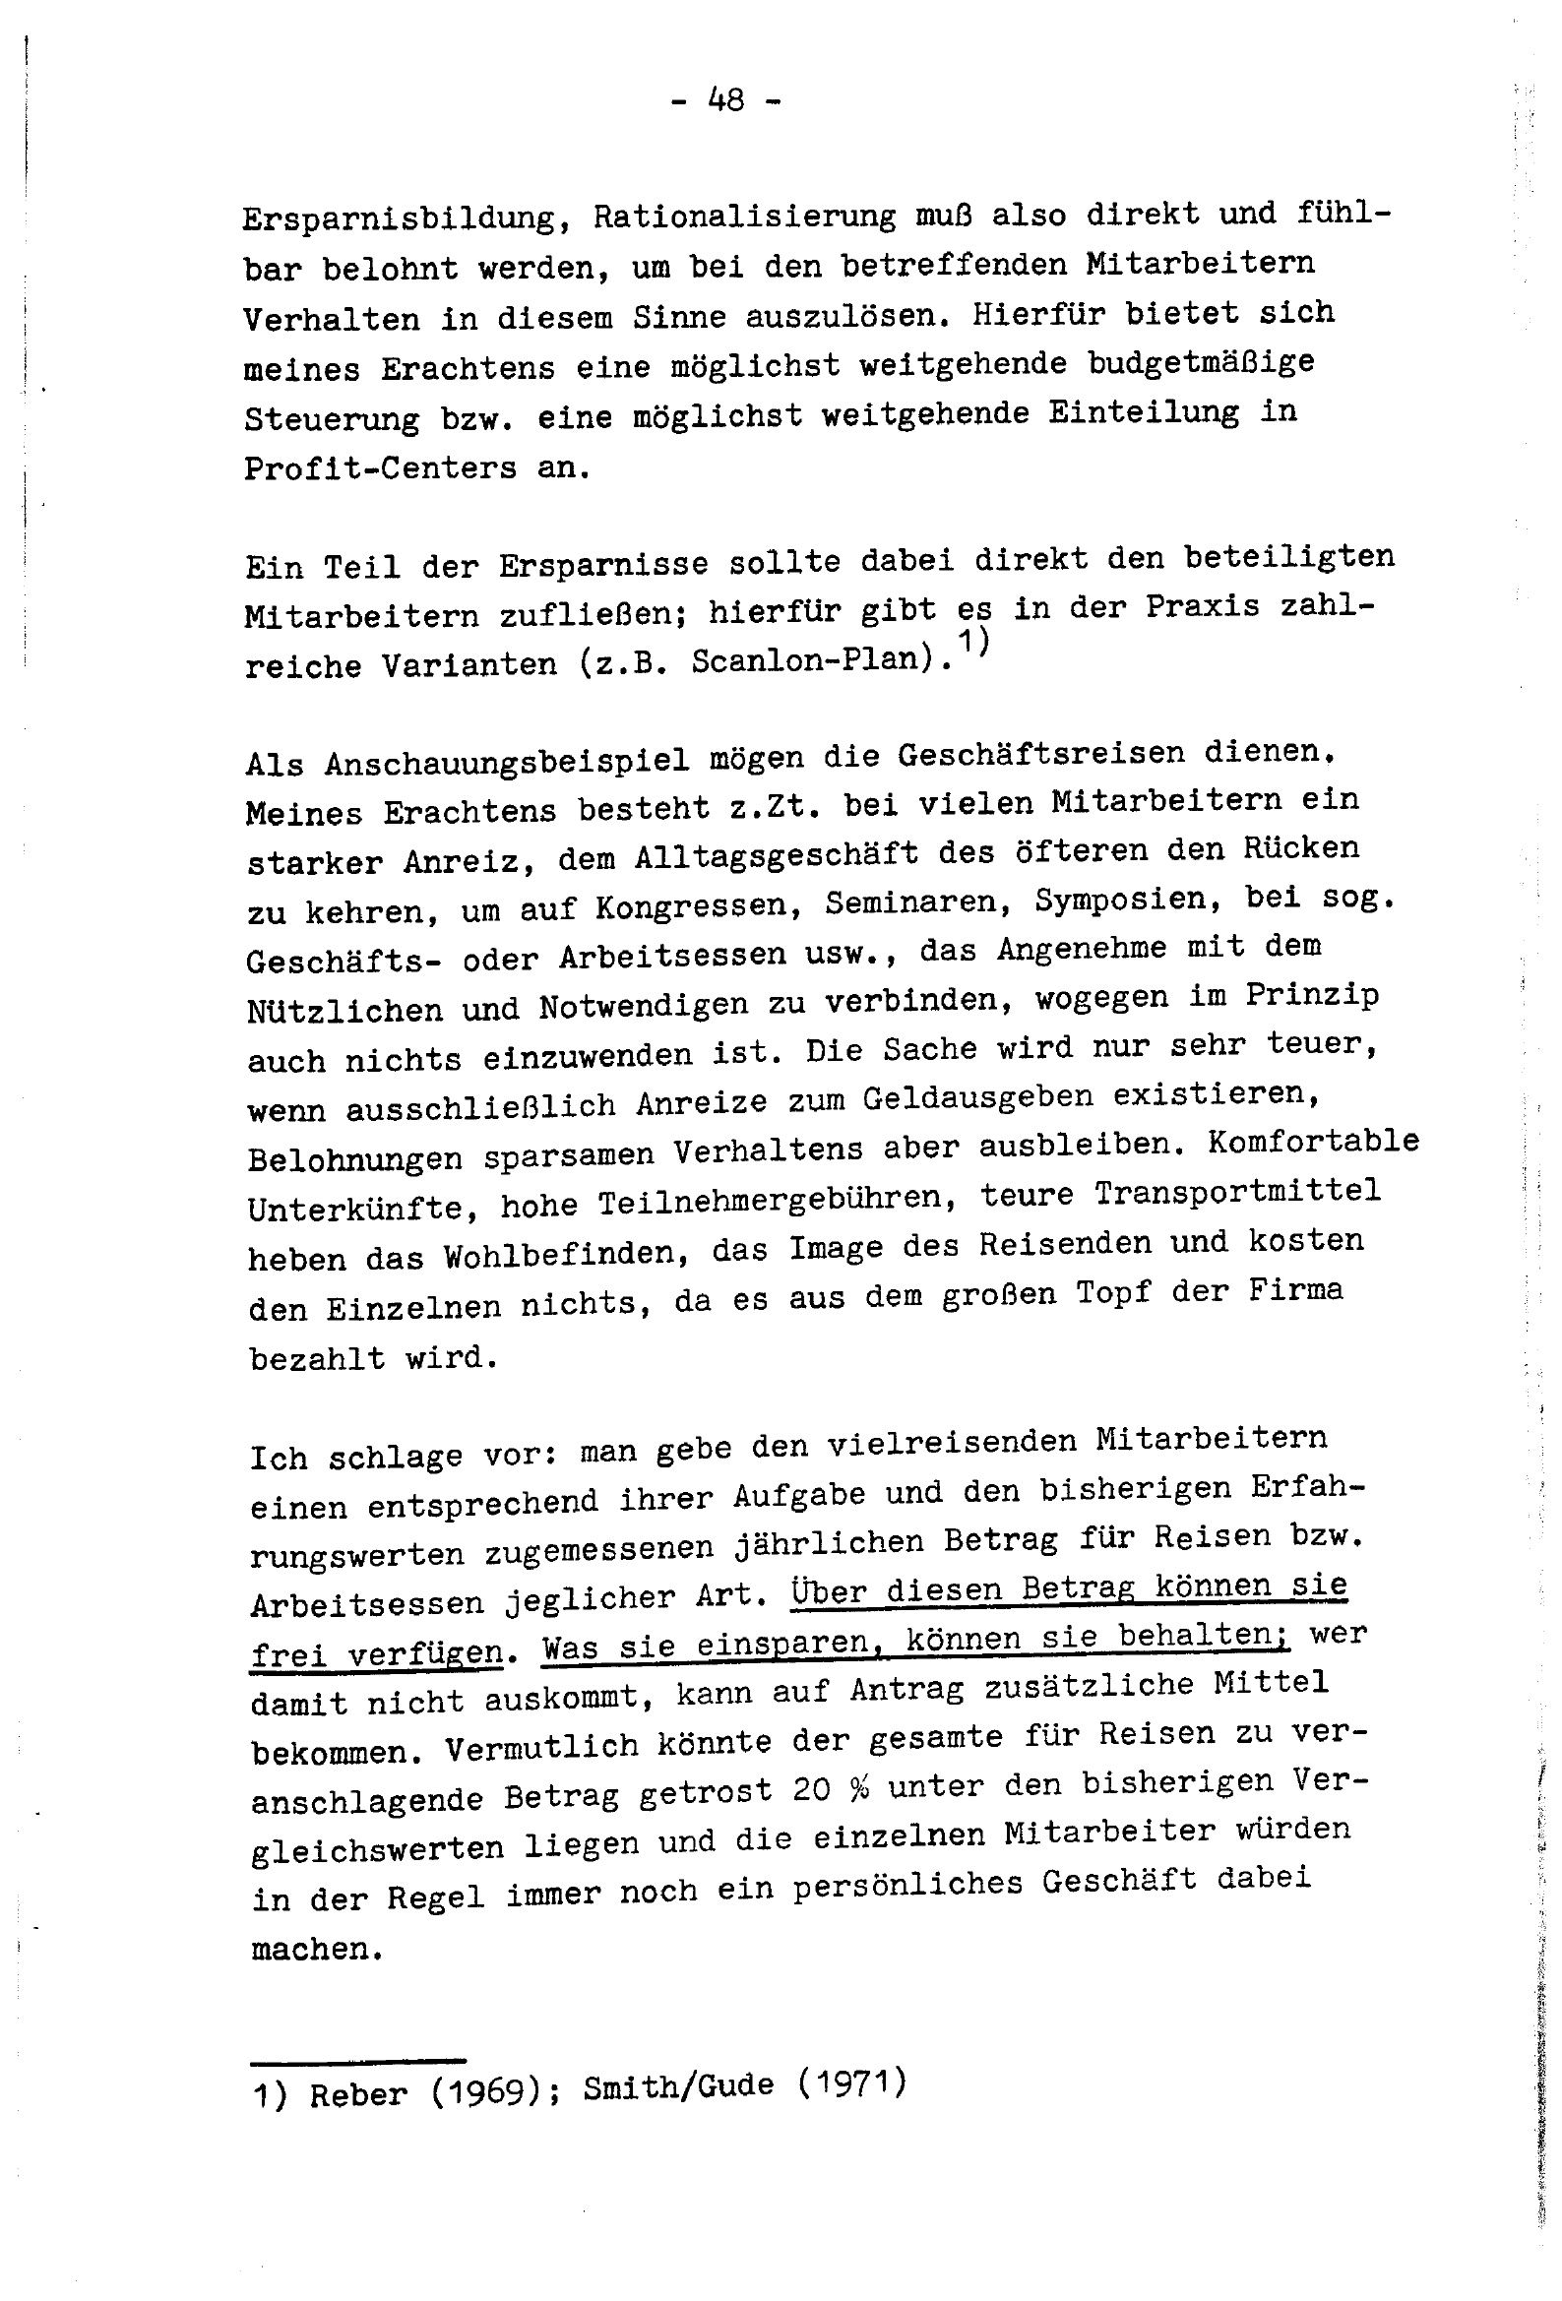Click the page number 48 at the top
coord(726,100)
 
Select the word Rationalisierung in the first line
coord(743,217)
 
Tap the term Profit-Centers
coord(380,467)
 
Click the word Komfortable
coord(1313,1142)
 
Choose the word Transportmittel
coord(1237,1192)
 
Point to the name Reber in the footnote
coord(357,2095)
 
